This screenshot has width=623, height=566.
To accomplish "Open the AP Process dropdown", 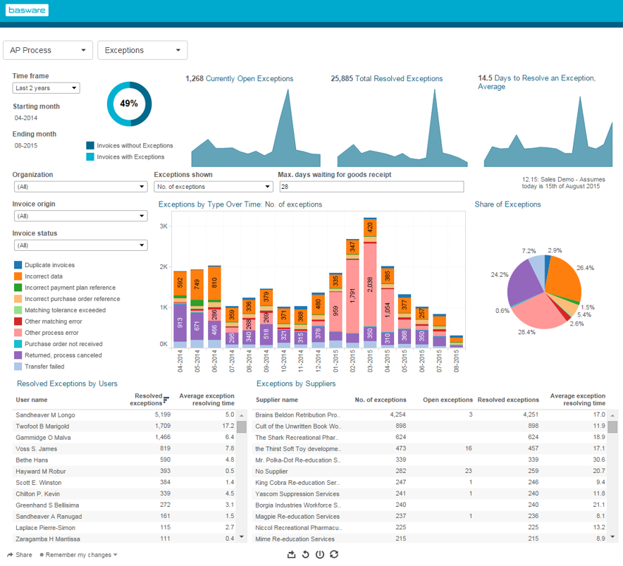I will (49, 50).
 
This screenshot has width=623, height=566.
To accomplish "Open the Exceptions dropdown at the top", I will (142, 50).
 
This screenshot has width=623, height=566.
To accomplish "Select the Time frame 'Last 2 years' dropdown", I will (46, 88).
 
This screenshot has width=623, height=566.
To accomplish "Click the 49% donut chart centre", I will (129, 103).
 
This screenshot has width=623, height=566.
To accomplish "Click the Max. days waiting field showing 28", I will (371, 187).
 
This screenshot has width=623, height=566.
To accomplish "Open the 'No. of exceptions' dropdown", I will (213, 187).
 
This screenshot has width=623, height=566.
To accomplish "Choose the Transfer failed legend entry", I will (44, 367).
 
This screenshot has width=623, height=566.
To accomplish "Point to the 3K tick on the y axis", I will (163, 226).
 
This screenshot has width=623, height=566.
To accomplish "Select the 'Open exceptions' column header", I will (448, 400).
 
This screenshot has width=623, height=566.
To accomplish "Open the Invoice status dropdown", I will (80, 245).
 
